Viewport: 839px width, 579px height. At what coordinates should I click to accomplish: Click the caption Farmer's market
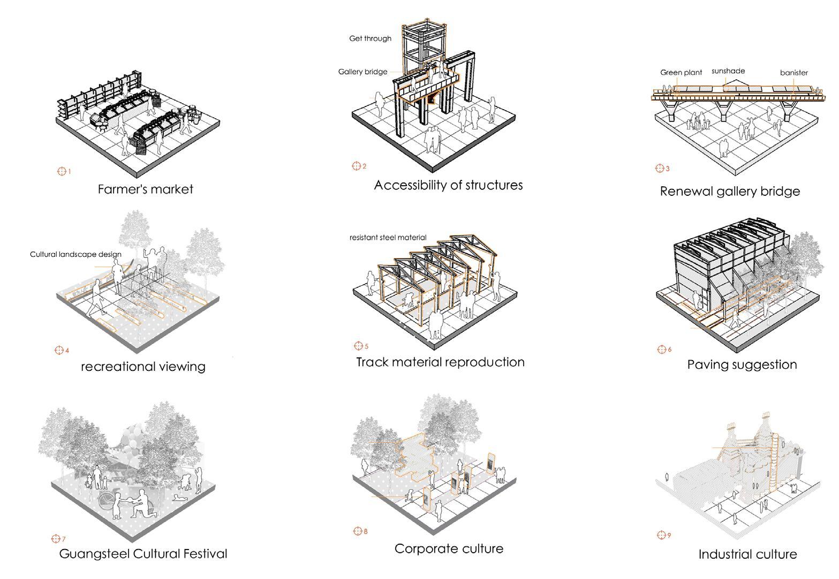point(145,189)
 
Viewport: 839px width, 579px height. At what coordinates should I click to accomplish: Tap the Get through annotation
point(370,39)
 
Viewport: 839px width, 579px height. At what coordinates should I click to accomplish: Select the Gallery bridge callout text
point(362,72)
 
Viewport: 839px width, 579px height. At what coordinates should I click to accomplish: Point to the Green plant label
point(681,73)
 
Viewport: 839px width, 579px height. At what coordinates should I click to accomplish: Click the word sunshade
point(728,71)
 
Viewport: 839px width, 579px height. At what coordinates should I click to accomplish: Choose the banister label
point(793,73)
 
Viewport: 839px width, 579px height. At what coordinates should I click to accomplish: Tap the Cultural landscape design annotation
point(75,255)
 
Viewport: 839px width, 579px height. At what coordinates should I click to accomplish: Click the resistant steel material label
point(388,238)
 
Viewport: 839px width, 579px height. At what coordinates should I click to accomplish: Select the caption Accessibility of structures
point(448,186)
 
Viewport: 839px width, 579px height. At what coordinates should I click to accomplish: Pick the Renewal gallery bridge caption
point(730,192)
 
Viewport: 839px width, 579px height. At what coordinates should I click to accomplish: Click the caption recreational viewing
point(143,367)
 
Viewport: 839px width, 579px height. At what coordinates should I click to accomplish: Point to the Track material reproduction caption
point(440,362)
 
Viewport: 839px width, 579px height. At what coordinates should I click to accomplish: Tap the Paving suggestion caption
point(742,365)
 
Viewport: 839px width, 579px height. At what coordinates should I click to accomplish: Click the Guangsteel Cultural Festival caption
point(143,554)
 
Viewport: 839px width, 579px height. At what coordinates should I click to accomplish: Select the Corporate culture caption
point(449,549)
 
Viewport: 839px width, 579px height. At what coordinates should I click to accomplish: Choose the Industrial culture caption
point(747,554)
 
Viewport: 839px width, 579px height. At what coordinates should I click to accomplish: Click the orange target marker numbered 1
point(62,171)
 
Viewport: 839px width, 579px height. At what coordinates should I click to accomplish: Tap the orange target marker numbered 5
point(358,346)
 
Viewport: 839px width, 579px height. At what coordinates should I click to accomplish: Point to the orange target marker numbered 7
point(55,538)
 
